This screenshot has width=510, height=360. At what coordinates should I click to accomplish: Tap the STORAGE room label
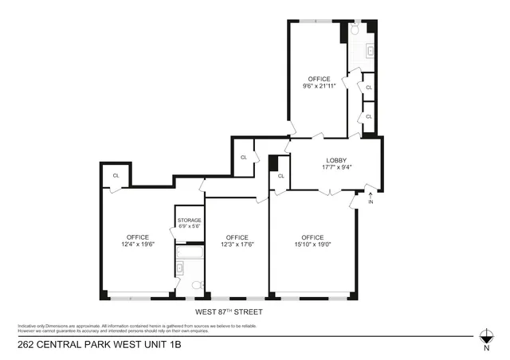tap(189, 220)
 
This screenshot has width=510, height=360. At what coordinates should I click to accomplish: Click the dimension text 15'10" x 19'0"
tap(312, 244)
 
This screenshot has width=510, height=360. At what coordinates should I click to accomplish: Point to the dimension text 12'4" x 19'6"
tap(138, 244)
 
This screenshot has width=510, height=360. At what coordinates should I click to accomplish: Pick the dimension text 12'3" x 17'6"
tap(237, 244)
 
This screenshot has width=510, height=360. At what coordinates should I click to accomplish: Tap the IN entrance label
tap(371, 202)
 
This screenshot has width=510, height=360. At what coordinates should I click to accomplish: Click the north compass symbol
tap(486, 337)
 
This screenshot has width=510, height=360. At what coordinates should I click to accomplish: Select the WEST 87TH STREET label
tap(229, 311)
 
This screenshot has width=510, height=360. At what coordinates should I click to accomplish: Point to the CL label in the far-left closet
tap(116, 175)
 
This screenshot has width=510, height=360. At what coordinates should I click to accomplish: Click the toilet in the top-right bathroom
tap(355, 28)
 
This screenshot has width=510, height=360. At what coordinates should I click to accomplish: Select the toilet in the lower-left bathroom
tap(197, 285)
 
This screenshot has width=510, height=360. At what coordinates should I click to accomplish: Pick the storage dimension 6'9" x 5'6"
tap(189, 227)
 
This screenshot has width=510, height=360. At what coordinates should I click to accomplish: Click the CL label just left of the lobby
tap(244, 157)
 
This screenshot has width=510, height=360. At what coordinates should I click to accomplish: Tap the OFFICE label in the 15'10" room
tap(312, 237)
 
